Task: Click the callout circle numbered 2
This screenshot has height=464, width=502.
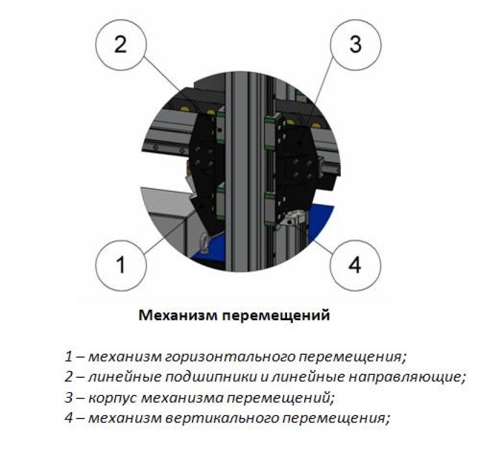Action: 120,45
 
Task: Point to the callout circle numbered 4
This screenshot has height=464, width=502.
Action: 354,265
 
